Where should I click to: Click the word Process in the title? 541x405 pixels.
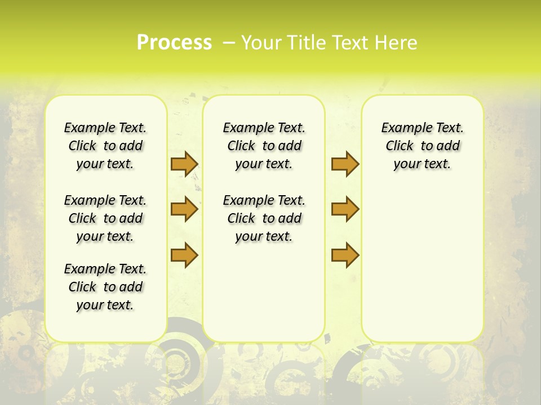[174, 43]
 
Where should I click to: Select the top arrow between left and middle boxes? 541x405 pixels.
[184, 164]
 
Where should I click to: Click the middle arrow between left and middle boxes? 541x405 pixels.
[184, 209]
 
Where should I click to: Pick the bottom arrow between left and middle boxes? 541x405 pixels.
[184, 255]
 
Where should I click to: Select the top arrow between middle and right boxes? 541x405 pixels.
[345, 164]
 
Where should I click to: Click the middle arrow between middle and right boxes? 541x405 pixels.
[345, 209]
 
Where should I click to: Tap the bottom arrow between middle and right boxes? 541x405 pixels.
[345, 255]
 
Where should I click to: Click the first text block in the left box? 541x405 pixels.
[105, 146]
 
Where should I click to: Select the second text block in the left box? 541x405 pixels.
[105, 218]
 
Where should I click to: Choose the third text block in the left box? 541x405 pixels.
[105, 287]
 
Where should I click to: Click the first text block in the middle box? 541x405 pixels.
[264, 146]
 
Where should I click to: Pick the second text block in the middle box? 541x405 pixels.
[264, 218]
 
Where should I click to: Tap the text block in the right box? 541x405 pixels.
[422, 146]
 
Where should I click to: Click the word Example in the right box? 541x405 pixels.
[402, 128]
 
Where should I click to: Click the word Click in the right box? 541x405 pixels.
[400, 146]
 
